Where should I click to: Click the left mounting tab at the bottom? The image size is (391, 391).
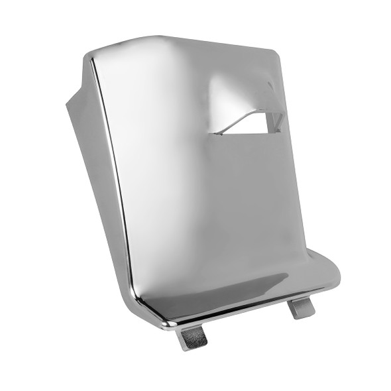click(192, 337)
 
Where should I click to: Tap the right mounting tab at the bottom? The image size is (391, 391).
click(302, 307)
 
